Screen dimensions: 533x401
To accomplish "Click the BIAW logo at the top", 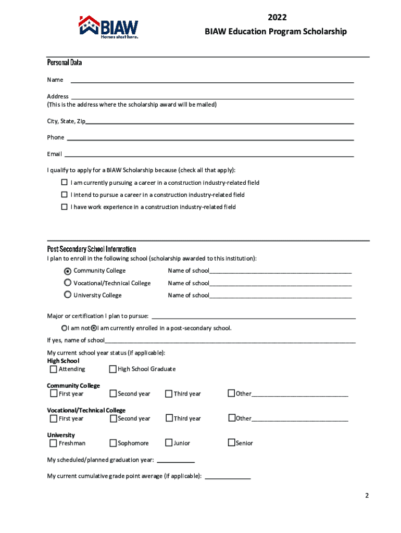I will coord(109,27).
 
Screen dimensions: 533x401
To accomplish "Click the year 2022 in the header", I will coord(277,19).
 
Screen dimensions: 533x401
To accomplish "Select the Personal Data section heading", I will coord(65,62).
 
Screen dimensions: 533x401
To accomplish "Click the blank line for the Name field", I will coord(212,80).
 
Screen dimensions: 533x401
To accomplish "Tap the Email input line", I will coord(208,154).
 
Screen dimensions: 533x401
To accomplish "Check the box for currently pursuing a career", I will coord(65,183).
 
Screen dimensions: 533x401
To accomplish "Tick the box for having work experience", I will coord(65,207).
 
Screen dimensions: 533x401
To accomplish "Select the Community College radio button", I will coord(68,271).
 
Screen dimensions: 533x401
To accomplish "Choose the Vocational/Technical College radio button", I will coord(68,283).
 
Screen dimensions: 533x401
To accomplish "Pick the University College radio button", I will coord(68,295).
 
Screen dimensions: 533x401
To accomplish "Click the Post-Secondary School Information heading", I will coord(92,249).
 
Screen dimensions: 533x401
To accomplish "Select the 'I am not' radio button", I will coord(65,328).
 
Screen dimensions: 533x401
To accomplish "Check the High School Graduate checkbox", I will coord(112,369).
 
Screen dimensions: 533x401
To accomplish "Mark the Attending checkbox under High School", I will coord(53,369).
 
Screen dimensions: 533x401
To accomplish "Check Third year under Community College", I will coord(169,394).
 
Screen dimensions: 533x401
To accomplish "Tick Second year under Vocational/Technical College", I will coord(113,418).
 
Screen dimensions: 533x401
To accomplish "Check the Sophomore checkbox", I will coord(113,443).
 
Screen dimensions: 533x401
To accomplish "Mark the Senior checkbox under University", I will coord(231,443).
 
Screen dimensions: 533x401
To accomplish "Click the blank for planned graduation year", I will coord(176,460).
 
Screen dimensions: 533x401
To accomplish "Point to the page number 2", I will coord(367,496).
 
